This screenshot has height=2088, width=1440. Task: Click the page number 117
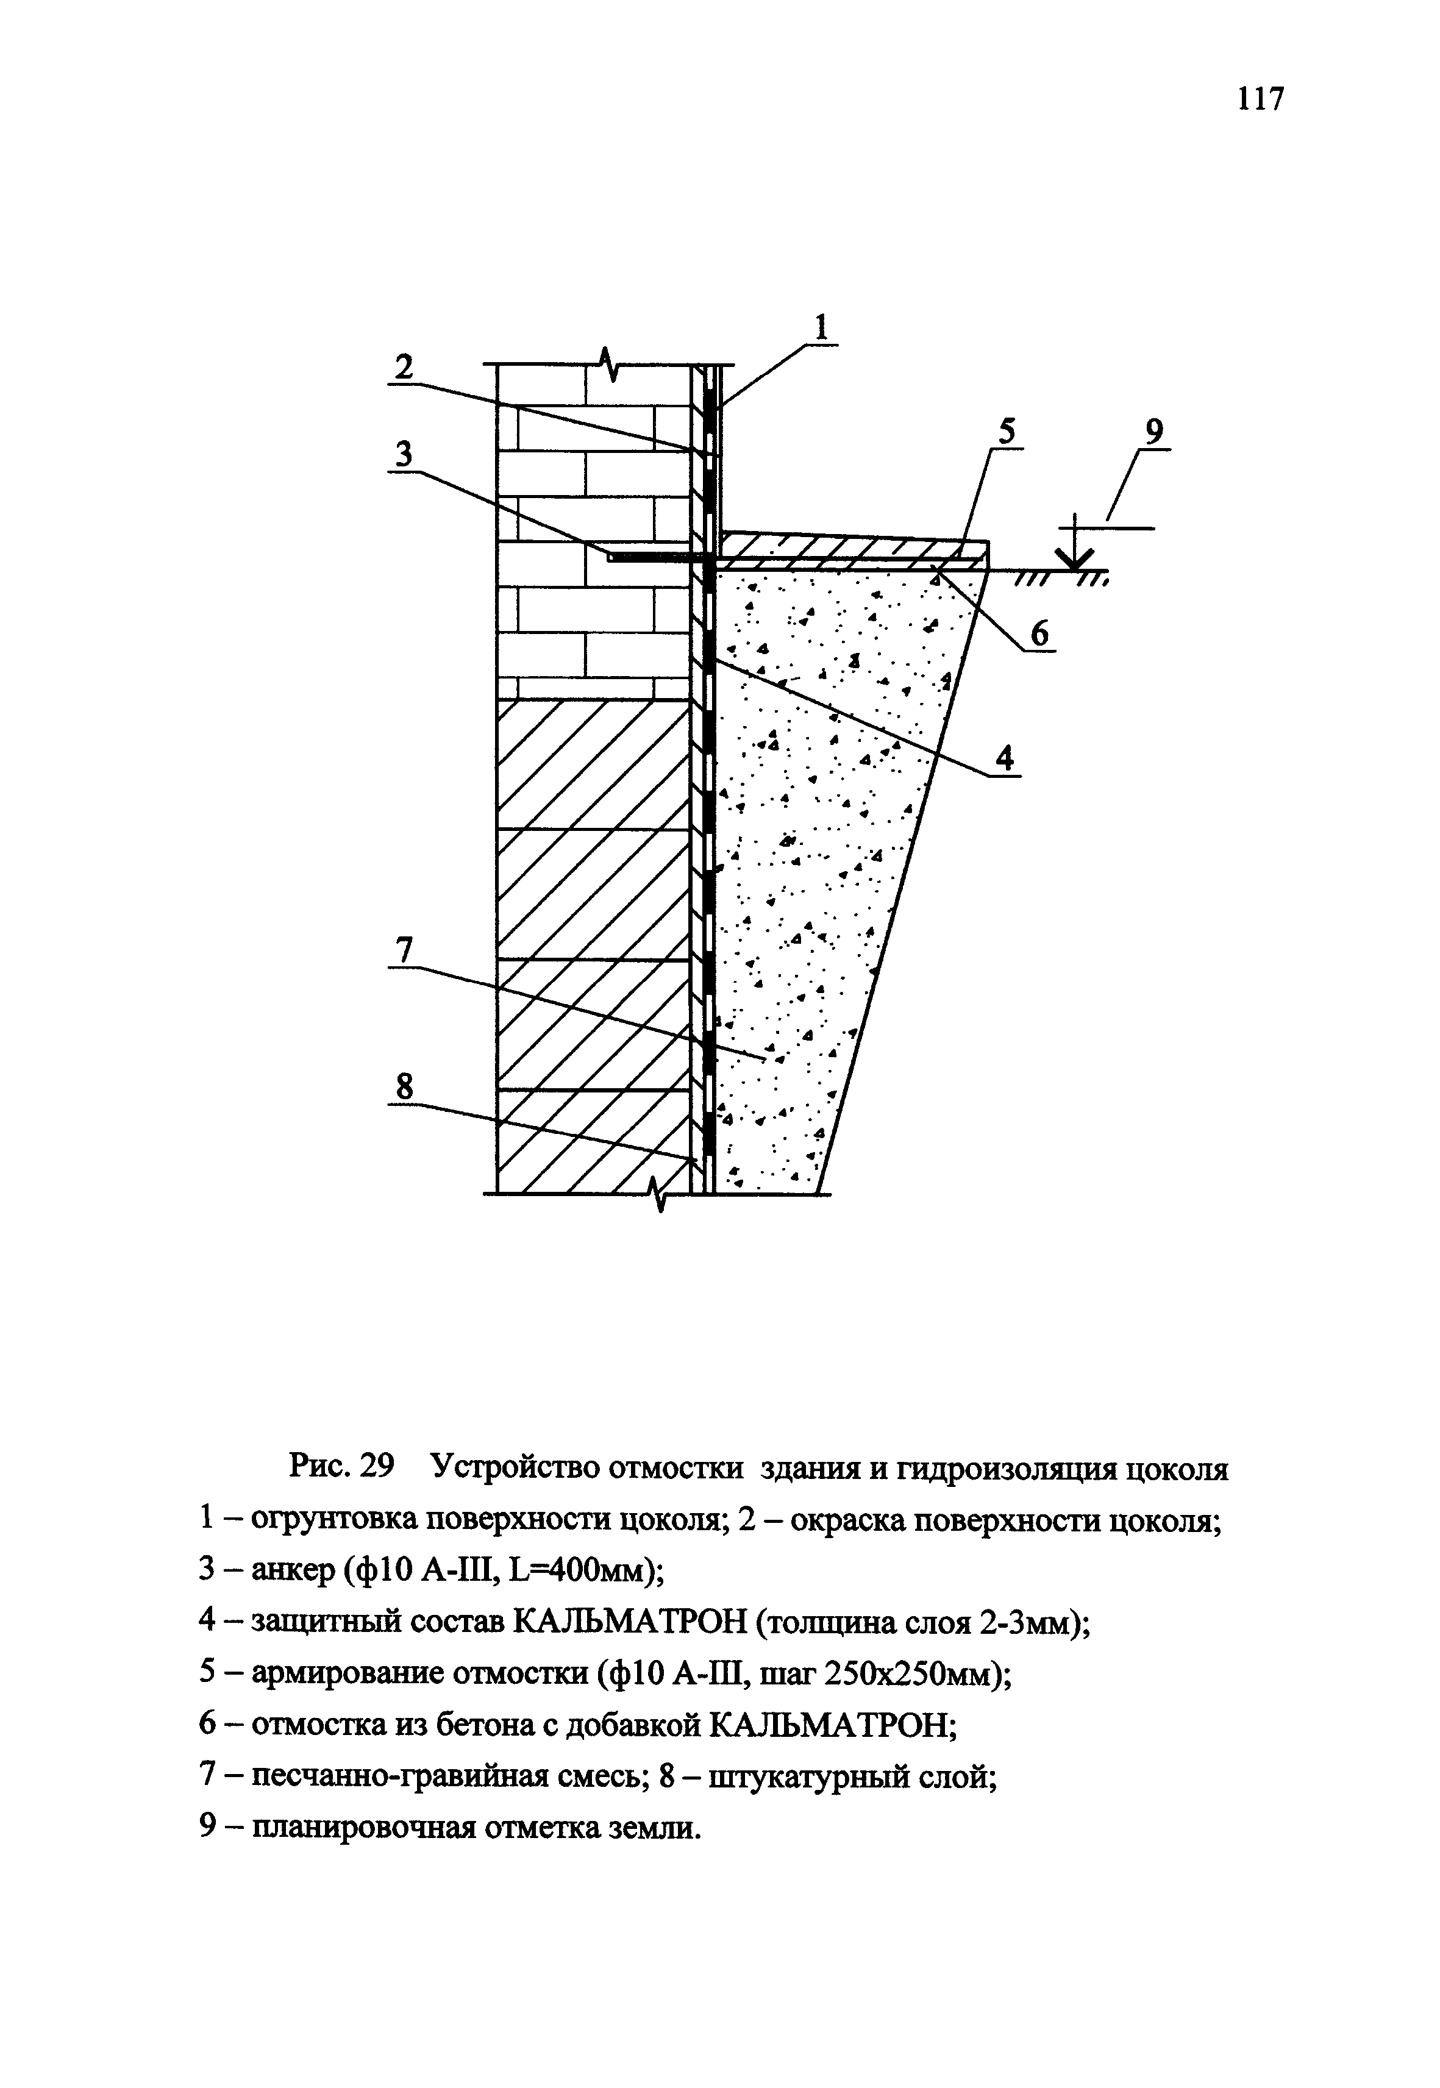[x=1260, y=98]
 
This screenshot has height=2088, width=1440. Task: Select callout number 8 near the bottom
[x=404, y=1088]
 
